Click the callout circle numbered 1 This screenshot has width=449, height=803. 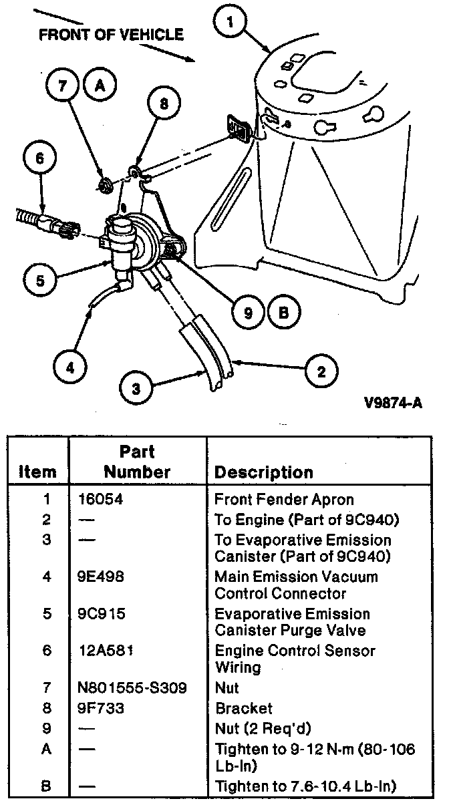tap(231, 24)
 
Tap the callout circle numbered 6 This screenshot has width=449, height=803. tap(39, 159)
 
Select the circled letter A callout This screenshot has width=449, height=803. tap(100, 86)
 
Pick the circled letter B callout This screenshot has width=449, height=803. tap(284, 311)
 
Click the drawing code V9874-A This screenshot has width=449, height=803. tap(399, 403)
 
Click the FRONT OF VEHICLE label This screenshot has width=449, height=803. tap(111, 35)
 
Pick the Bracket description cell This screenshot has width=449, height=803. tap(243, 708)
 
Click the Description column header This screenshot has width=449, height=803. tap(263, 472)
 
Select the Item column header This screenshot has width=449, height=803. tap(37, 472)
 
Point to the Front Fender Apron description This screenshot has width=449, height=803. tap(284, 499)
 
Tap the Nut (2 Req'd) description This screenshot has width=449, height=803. tap(263, 728)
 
